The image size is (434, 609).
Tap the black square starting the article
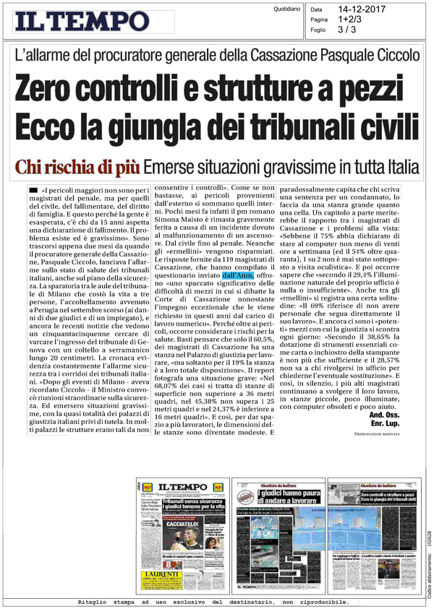click(x=32, y=189)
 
